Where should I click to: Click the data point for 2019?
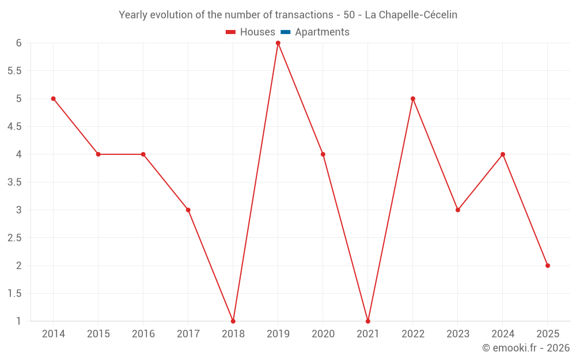278,43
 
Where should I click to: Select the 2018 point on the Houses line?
233,321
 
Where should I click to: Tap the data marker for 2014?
54,98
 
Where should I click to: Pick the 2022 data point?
413,98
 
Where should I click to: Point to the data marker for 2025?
548,266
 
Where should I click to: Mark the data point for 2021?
368,321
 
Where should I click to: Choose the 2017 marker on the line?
188,210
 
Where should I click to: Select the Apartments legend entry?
322,32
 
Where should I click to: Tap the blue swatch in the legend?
286,32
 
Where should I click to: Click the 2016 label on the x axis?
143,334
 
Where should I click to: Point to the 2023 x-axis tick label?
458,334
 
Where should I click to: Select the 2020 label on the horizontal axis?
323,334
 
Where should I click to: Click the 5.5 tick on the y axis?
14,71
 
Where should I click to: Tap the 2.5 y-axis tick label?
14,238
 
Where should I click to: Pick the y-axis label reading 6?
19,43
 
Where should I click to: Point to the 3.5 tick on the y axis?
14,182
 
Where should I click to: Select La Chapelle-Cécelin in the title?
411,15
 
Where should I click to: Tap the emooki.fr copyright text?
526,348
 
